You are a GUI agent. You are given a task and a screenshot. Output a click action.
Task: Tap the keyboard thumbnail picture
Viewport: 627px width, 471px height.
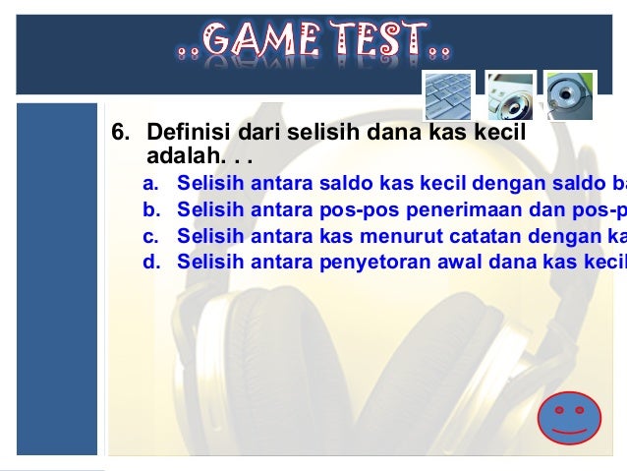click(x=448, y=95)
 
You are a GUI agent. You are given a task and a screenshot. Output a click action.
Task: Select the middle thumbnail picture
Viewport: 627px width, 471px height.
click(x=511, y=95)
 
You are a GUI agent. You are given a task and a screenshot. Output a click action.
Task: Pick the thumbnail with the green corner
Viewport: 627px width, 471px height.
click(x=569, y=95)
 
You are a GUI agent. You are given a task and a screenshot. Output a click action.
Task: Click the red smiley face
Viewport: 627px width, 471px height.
click(x=569, y=417)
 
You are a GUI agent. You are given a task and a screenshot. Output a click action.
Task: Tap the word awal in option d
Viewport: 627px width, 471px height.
click(x=457, y=261)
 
